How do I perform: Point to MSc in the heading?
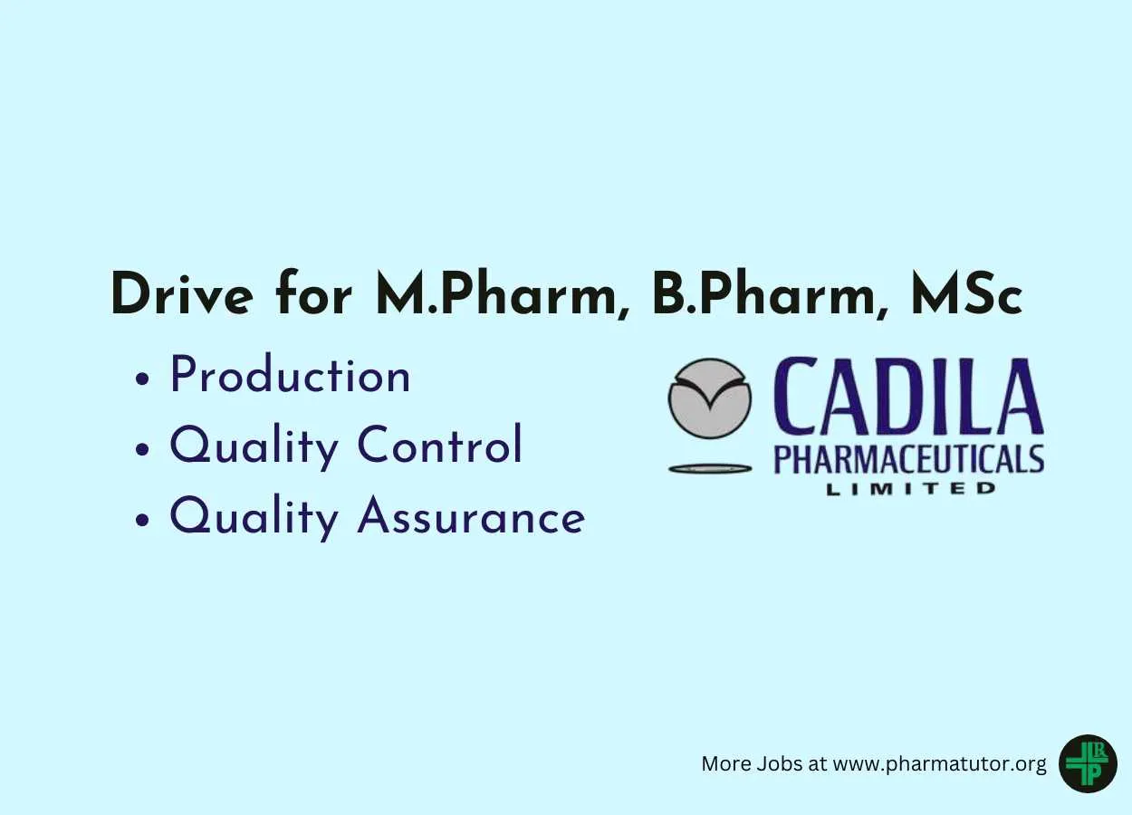click(968, 293)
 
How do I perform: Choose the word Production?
click(290, 377)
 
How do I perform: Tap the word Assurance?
click(471, 517)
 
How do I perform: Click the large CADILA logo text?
click(908, 398)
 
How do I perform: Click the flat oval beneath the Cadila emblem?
click(710, 468)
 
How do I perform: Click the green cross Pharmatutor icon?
click(1087, 763)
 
